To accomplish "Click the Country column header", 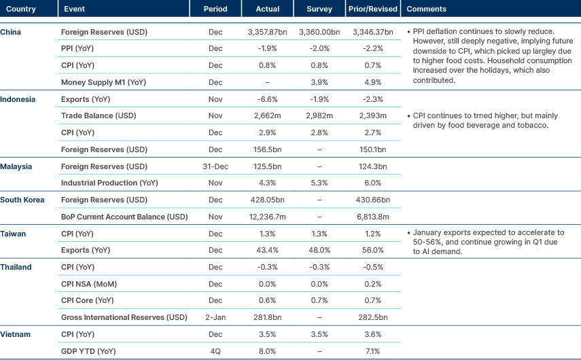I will (21, 9).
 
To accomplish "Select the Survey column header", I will (319, 9).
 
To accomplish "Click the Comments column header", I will (426, 9).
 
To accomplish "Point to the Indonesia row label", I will (18, 99).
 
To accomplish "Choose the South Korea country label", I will (22, 200).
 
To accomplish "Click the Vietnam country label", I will (16, 334).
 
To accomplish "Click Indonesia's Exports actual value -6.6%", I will (268, 99).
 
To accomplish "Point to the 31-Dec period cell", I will (215, 166).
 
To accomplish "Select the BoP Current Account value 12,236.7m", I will (268, 217).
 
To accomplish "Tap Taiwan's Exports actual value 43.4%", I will (268, 251).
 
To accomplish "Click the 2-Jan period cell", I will (215, 317).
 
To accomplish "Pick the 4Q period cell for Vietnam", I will (215, 351).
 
